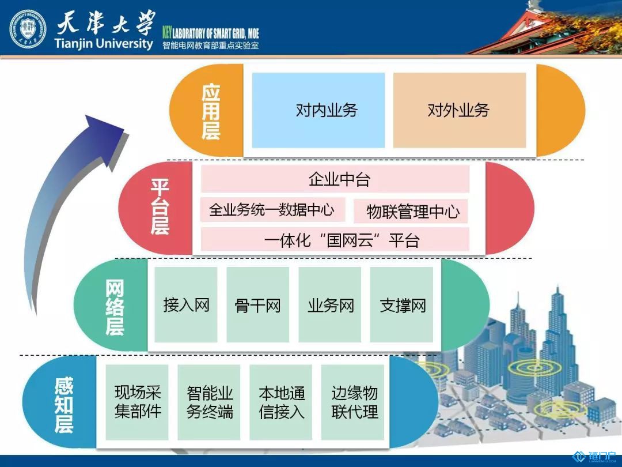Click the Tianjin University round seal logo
point(28,29)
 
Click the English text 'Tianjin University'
point(104,43)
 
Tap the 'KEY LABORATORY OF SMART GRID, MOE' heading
point(211,32)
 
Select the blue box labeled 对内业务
point(318,110)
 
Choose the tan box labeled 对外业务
point(460,110)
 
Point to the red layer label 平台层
point(160,206)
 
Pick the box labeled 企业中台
point(335,179)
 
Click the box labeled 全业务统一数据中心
point(272,210)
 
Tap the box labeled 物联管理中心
point(411,211)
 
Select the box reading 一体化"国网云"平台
point(335,239)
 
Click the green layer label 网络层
point(115,307)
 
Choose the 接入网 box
point(186,304)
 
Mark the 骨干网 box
point(258,304)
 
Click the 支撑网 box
point(401,304)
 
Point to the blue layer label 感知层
point(64,405)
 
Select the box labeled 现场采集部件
point(137,402)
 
